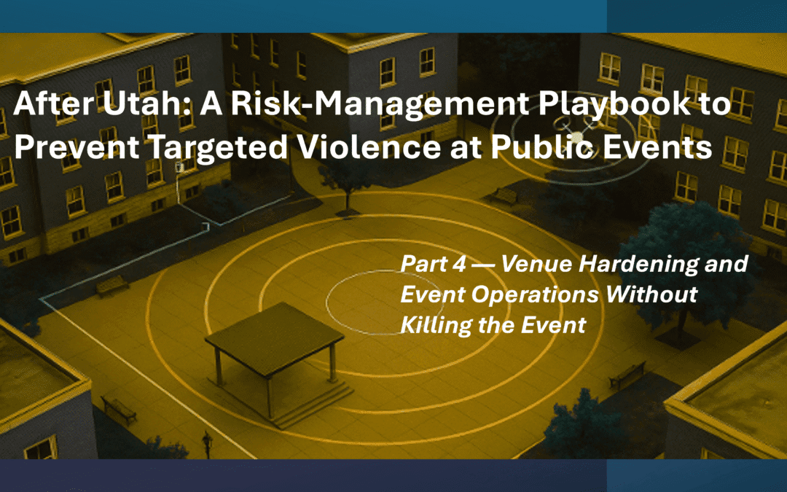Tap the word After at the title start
44,106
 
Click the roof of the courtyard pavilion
275,332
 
